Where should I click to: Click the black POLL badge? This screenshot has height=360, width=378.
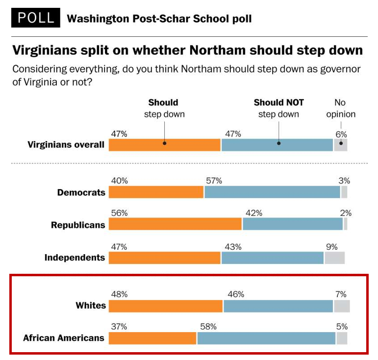[x=35, y=18]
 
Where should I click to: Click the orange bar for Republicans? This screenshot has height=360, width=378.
[x=175, y=224]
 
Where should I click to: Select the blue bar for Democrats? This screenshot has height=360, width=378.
[x=272, y=192]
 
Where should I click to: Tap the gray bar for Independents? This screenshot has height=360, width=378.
[x=334, y=258]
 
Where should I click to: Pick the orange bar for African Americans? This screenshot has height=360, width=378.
[x=152, y=338]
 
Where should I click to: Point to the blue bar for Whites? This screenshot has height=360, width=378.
[x=278, y=306]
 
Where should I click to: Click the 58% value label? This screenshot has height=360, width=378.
[x=206, y=326]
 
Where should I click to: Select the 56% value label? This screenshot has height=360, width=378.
[x=119, y=213]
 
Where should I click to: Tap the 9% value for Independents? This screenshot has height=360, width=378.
[x=331, y=247]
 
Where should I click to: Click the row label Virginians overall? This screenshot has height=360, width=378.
[x=66, y=144]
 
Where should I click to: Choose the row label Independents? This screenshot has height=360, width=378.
[x=75, y=258]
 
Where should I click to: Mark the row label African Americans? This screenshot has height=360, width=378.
[x=64, y=338]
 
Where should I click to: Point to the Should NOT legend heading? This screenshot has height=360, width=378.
[x=278, y=103]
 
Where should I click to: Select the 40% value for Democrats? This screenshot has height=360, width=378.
[x=119, y=181]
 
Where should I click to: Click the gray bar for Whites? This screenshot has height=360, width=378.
[x=342, y=306]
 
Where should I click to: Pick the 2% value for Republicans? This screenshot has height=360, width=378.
[x=346, y=213]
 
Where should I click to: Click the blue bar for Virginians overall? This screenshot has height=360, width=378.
[x=277, y=145]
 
